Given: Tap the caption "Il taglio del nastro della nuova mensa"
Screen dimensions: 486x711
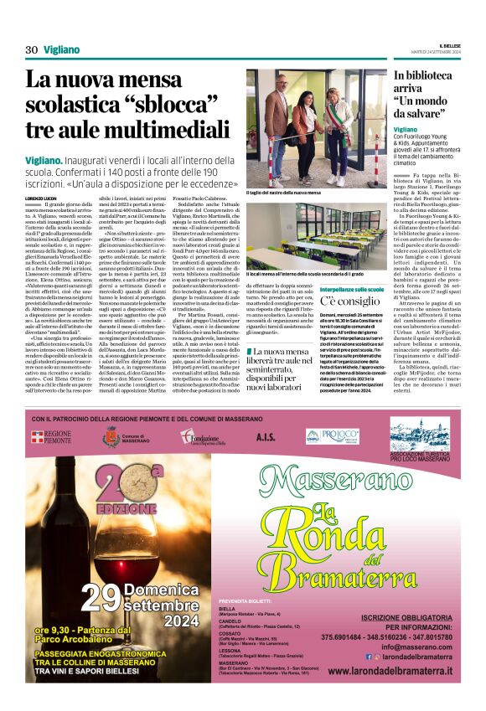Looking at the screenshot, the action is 283,193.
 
